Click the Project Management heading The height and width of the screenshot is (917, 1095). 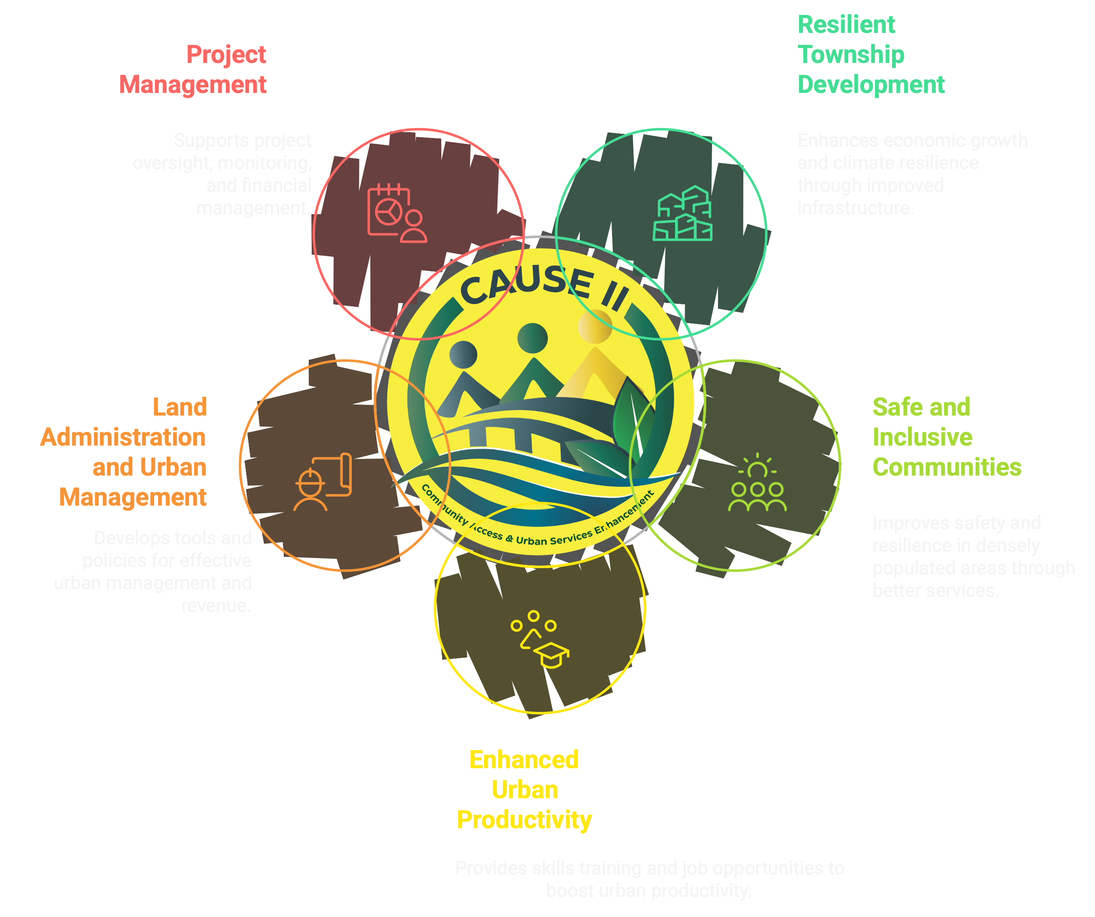[x=193, y=69]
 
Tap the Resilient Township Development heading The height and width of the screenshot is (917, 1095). [x=870, y=54]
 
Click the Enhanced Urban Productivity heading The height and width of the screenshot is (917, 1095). [x=524, y=789]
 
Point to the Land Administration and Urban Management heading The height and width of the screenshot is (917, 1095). [x=124, y=452]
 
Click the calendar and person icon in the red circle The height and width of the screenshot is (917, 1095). [x=397, y=213]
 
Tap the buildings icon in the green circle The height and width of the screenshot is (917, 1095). [x=682, y=213]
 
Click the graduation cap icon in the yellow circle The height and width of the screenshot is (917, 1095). [x=540, y=639]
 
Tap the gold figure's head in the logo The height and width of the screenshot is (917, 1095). [x=595, y=326]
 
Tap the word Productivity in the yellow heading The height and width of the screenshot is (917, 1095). [x=524, y=819]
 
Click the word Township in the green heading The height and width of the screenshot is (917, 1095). [x=851, y=54]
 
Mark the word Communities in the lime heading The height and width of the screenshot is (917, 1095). [x=946, y=467]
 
